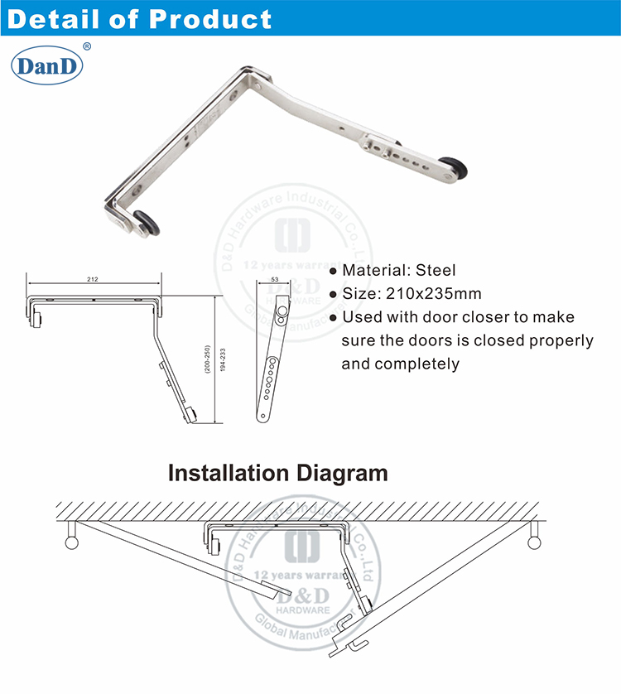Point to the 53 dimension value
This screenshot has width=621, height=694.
[x=273, y=281]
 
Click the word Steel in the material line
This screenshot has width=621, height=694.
[x=436, y=270]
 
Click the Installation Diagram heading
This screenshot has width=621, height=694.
[x=277, y=474]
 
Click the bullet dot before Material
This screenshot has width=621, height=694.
[x=334, y=271]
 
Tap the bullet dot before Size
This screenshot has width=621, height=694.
[x=334, y=294]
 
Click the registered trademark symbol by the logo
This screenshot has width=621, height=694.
[x=87, y=48]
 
